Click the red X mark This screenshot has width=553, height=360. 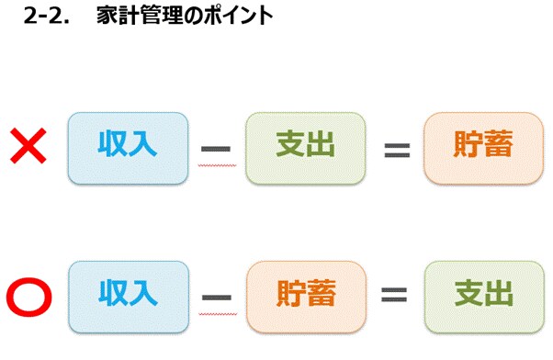click(30, 146)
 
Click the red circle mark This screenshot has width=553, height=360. click(28, 296)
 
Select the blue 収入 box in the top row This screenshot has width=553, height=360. click(128, 147)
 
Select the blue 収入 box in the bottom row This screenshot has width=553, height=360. click(128, 296)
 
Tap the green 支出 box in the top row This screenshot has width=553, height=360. click(305, 147)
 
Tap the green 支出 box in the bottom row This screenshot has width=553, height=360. click(483, 296)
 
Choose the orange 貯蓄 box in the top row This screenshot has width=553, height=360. click(483, 147)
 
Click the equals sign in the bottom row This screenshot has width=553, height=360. click(394, 297)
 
